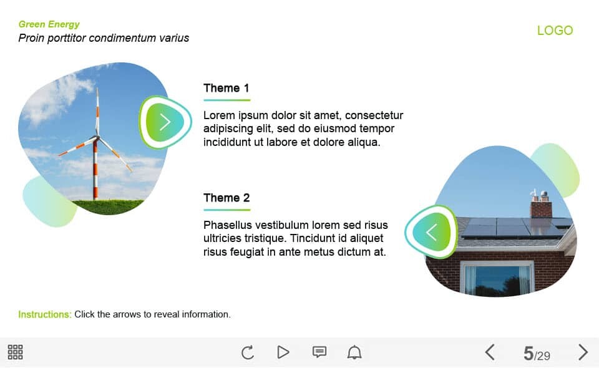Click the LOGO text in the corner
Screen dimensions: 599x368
click(555, 30)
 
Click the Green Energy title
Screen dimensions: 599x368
click(49, 24)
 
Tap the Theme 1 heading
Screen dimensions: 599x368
click(226, 88)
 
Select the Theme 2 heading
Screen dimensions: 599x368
click(226, 198)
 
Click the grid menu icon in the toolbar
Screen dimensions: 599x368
click(15, 352)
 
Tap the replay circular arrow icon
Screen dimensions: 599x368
click(248, 352)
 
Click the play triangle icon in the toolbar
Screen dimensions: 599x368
click(283, 352)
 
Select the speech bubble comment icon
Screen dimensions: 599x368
click(319, 352)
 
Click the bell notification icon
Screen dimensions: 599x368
click(354, 352)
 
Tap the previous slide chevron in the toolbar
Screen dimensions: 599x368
click(490, 352)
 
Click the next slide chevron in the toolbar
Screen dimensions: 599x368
click(583, 352)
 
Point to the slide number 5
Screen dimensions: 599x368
click(528, 353)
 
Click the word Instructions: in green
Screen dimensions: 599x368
click(45, 314)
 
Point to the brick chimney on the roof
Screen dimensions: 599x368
click(541, 206)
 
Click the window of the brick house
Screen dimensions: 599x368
click(497, 278)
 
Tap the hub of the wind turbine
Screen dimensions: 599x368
click(97, 137)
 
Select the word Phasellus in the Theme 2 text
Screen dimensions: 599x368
click(228, 225)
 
